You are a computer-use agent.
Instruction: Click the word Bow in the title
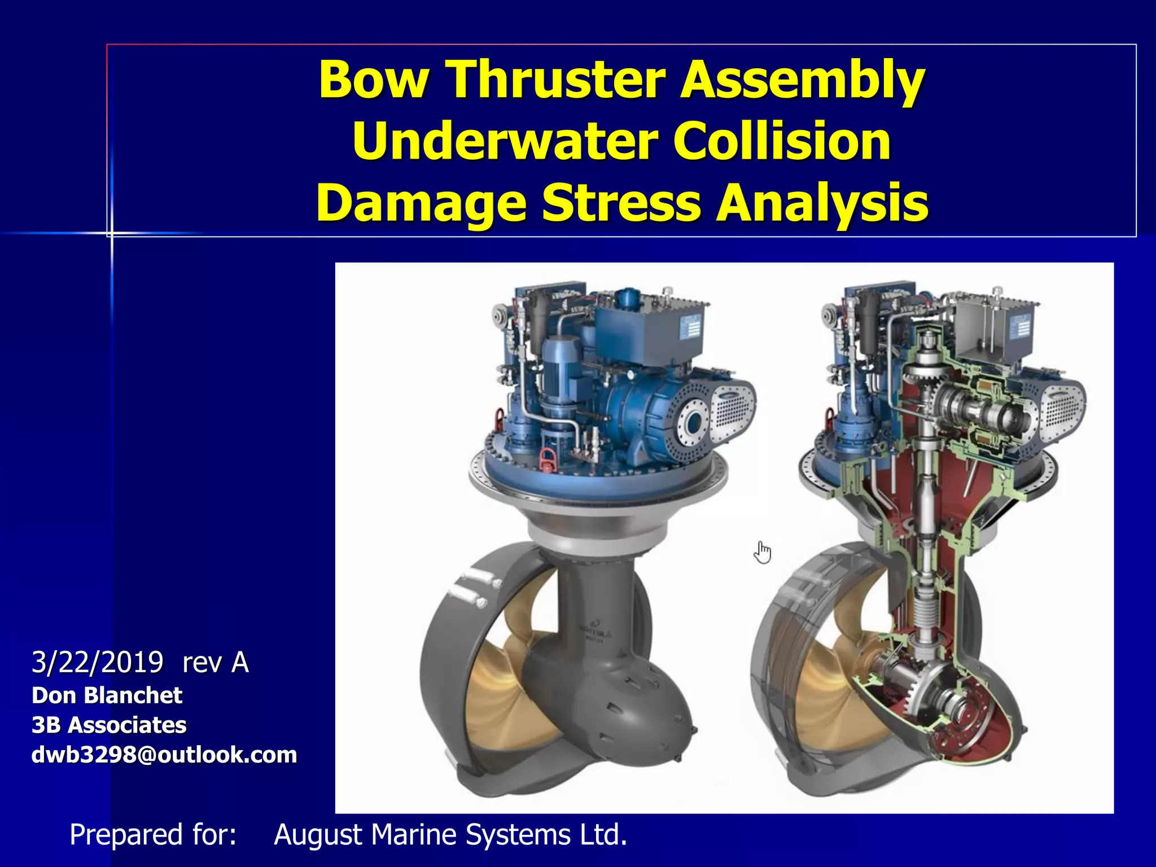(373, 80)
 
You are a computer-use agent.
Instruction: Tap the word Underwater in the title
(503, 141)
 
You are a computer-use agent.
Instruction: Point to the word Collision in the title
(781, 141)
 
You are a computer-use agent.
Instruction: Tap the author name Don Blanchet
(107, 695)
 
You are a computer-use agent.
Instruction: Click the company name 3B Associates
(109, 725)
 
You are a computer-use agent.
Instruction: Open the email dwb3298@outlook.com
(164, 755)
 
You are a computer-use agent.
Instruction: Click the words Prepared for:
(152, 834)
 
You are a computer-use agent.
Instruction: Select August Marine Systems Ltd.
(450, 834)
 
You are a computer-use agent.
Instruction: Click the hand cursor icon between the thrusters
(762, 552)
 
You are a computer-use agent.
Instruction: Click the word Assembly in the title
(802, 80)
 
